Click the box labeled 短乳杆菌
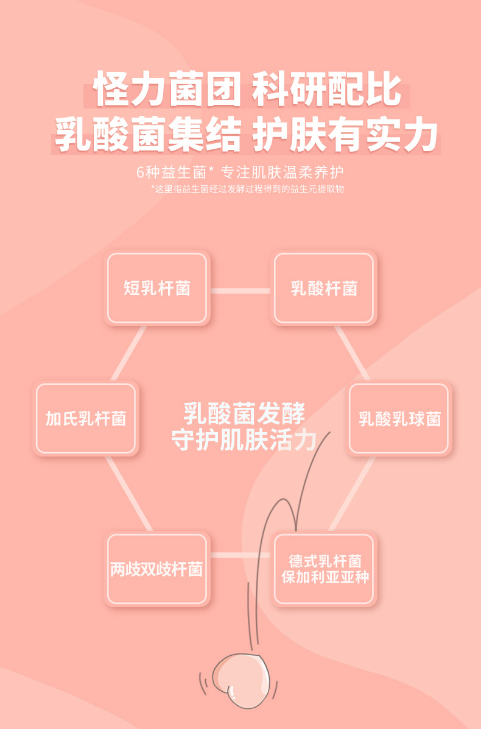[157, 288]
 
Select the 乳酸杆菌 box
[324, 288]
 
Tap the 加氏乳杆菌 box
[86, 418]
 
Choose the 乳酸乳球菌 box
[399, 418]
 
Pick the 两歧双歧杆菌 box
[157, 569]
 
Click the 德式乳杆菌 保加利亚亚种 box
[324, 569]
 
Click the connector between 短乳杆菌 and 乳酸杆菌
[240, 291]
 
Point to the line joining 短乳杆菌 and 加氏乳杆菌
[128, 354]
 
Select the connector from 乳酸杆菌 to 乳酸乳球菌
[353, 354]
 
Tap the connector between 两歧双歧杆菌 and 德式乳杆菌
[240, 555]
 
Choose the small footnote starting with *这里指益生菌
[247, 189]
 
